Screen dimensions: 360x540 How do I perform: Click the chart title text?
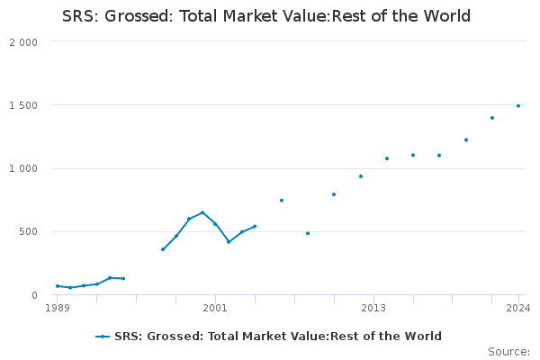pyautogui.click(x=266, y=17)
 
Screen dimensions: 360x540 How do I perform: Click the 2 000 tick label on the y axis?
pyautogui.click(x=23, y=42)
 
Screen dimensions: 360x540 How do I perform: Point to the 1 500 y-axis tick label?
pyautogui.click(x=23, y=105)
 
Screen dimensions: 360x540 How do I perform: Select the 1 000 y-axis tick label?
pyautogui.click(x=23, y=168)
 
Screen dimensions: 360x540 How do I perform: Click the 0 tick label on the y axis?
pyautogui.click(x=34, y=295)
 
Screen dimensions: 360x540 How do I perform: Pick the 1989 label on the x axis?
pyautogui.click(x=58, y=308)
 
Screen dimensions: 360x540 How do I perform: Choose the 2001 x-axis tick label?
pyautogui.click(x=215, y=308)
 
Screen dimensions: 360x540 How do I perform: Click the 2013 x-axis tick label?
pyautogui.click(x=373, y=308)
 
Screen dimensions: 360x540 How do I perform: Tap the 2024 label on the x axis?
pyautogui.click(x=518, y=308)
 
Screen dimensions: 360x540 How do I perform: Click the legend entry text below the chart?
pyautogui.click(x=278, y=337)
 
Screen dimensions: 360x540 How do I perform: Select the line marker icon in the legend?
pyautogui.click(x=103, y=337)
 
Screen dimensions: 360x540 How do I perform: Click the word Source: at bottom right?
pyautogui.click(x=508, y=352)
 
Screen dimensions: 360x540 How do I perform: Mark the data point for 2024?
pyautogui.click(x=518, y=105)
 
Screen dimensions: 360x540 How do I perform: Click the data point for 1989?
pyautogui.click(x=58, y=286)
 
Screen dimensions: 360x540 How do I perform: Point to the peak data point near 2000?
pyautogui.click(x=202, y=212)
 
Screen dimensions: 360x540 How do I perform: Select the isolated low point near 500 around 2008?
pyautogui.click(x=308, y=233)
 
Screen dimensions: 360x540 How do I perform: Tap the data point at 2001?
pyautogui.click(x=215, y=224)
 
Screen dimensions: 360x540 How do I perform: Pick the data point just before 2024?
pyautogui.click(x=492, y=118)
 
